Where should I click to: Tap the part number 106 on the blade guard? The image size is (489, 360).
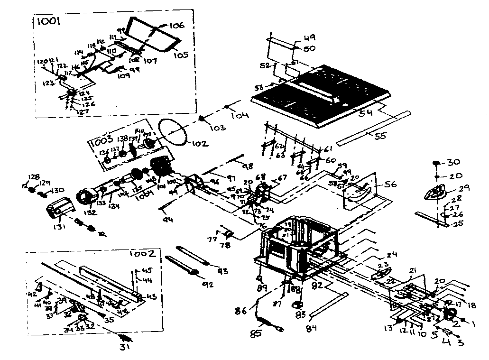tap(175, 26)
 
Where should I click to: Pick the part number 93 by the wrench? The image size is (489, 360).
tap(222, 271)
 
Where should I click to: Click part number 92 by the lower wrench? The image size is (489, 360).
tap(207, 285)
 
